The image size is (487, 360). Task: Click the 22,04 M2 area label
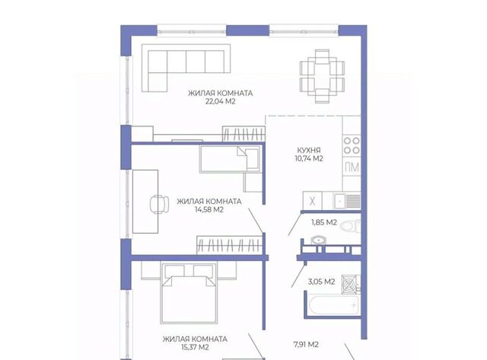tap(220, 101)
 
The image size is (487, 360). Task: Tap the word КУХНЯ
tap(309, 151)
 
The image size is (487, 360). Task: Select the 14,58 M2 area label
tap(209, 209)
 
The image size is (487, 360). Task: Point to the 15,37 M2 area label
tap(195, 347)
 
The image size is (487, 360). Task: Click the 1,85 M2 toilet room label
tap(324, 222)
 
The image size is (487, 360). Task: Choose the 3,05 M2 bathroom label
tap(321, 282)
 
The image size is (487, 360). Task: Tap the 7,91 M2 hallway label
tap(306, 345)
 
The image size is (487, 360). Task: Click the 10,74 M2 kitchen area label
tap(309, 159)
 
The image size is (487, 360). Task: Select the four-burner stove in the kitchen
tap(352, 145)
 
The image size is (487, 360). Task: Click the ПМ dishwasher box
tap(352, 167)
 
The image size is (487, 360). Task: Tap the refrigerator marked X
tap(313, 201)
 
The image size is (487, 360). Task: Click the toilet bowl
tap(350, 226)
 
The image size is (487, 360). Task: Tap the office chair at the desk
tap(159, 204)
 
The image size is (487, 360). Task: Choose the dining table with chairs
tap(322, 76)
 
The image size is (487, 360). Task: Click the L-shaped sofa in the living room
tap(186, 68)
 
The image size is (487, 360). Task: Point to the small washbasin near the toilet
tap(318, 240)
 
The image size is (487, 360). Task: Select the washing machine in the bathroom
tap(351, 284)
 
